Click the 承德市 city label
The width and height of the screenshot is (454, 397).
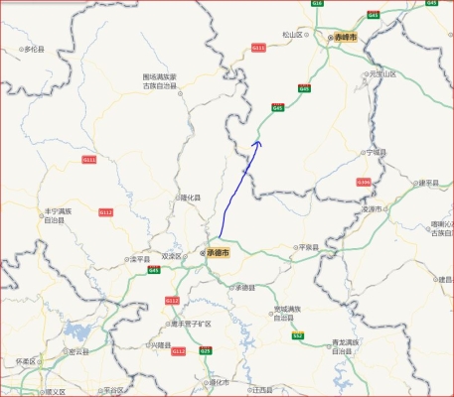[217, 253]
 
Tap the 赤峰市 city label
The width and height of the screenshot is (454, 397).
[348, 36]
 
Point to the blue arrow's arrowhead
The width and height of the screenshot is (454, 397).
[258, 143]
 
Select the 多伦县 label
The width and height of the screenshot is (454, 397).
[35, 48]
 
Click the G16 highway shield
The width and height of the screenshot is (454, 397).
[318, 4]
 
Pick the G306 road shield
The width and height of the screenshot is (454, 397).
[364, 182]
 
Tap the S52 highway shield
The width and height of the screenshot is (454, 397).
[297, 335]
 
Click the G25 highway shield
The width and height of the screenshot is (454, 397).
[206, 350]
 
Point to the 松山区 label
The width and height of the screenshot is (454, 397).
[291, 35]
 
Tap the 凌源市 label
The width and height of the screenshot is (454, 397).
[373, 209]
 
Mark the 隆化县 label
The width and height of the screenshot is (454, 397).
[189, 198]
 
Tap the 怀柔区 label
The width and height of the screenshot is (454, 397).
[26, 361]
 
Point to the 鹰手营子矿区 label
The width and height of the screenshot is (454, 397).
[191, 324]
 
